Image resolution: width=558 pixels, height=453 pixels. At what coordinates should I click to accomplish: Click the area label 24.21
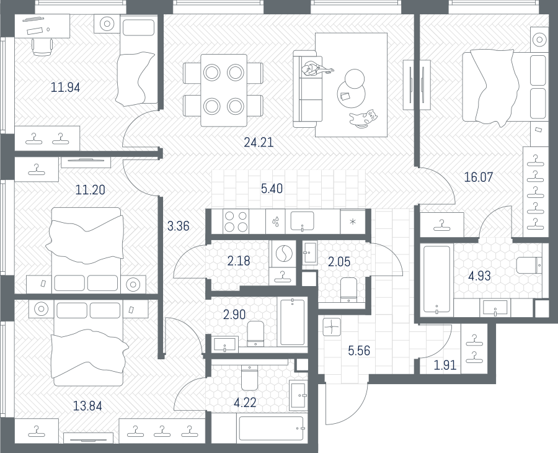point(259,143)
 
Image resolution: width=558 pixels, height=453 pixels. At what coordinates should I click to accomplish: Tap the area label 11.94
point(66,87)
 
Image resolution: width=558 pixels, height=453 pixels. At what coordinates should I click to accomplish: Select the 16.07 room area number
point(479,177)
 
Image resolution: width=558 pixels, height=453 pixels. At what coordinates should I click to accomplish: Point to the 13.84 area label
point(87,406)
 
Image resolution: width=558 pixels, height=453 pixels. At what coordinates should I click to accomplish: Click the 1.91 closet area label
point(445,365)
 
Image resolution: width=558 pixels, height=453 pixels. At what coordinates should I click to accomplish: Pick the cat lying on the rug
point(363,117)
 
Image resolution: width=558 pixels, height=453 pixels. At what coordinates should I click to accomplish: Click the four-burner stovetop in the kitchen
point(236,222)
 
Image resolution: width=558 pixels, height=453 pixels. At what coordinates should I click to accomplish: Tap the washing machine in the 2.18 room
point(283,254)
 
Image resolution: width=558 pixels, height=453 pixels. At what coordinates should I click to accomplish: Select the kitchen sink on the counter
point(302,221)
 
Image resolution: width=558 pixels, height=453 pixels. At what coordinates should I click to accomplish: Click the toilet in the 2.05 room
point(348,290)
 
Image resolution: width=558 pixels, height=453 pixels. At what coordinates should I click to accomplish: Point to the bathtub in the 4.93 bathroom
point(437,280)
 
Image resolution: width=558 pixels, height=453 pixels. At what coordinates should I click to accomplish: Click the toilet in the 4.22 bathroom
point(249,377)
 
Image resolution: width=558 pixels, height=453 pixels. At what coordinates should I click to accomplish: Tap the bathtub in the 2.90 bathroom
point(293,322)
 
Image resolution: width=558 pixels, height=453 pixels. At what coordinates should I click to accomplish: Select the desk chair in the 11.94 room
point(42,47)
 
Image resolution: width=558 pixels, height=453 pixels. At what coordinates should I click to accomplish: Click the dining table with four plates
point(223,90)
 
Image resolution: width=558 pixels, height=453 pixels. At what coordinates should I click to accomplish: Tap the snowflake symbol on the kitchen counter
point(353,222)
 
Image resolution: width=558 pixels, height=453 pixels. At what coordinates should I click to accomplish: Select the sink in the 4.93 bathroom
point(495,308)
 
